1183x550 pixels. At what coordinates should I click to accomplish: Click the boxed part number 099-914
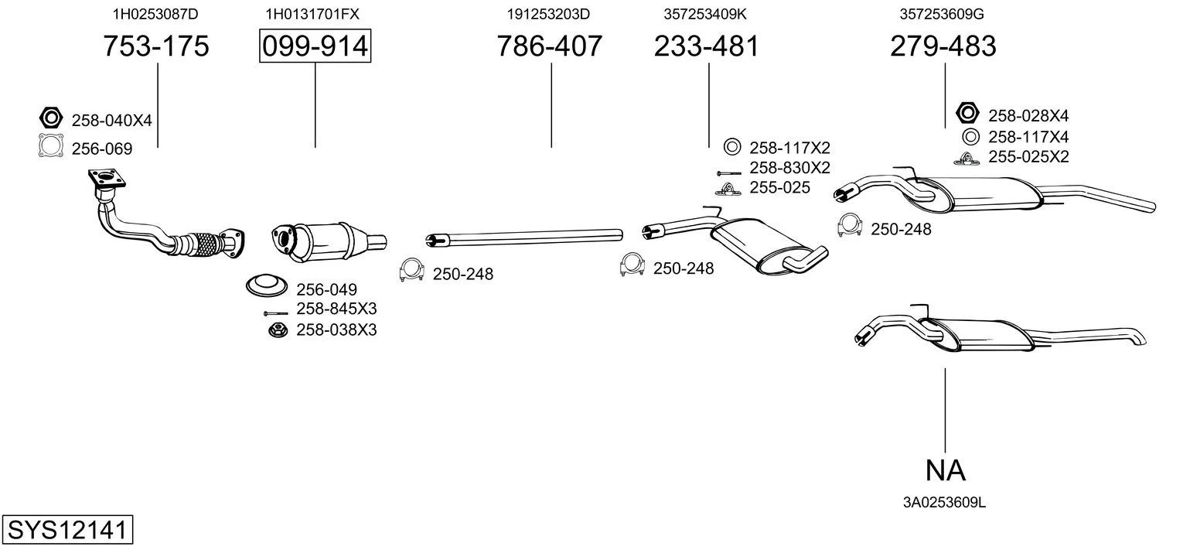315,46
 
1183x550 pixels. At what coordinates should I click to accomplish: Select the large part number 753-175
155,46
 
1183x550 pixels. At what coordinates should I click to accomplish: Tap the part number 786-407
549,46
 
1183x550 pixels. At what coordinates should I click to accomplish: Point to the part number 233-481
706,46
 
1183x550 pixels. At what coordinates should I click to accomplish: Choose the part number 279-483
943,46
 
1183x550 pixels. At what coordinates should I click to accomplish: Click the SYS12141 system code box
67,529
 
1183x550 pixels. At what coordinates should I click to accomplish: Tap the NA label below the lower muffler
946,470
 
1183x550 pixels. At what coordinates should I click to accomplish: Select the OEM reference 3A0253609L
944,503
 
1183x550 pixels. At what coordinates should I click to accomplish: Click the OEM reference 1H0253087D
155,14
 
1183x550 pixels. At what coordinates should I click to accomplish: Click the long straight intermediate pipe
524,237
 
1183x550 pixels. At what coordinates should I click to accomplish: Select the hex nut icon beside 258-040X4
51,118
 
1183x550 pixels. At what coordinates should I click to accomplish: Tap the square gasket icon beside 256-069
51,146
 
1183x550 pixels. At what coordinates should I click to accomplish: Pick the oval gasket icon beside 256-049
267,286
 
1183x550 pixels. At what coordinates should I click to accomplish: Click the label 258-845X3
336,309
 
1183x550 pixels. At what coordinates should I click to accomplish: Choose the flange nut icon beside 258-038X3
278,331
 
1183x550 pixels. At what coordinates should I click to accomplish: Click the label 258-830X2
789,168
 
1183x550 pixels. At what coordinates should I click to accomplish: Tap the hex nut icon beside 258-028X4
967,113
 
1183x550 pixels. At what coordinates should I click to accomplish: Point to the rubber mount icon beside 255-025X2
967,159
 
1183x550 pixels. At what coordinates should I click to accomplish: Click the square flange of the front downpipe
107,178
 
